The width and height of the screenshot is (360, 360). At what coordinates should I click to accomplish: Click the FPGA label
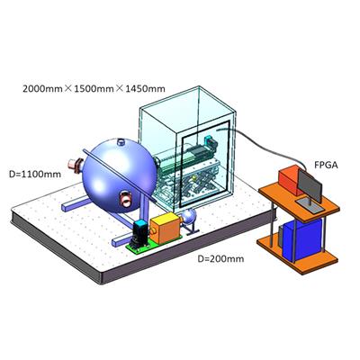point(326,165)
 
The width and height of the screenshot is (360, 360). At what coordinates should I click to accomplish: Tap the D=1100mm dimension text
point(35,174)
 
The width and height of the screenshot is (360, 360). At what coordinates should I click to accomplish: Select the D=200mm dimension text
point(220,258)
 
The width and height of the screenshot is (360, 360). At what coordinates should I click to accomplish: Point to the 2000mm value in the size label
point(42,89)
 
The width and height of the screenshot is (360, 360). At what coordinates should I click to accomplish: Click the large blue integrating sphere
point(120,176)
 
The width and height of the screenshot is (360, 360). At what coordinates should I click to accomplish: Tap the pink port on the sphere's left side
point(75,166)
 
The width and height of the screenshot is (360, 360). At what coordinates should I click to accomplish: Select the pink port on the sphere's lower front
point(126,199)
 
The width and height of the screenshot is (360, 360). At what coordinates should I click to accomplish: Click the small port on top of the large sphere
point(121,141)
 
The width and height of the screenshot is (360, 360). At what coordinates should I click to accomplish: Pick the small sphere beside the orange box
point(188,217)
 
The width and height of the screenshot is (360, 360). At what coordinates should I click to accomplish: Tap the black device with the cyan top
point(140,235)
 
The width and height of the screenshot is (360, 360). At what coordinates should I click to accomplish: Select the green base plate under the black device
point(142,247)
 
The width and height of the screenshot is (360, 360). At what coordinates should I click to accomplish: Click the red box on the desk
point(290,180)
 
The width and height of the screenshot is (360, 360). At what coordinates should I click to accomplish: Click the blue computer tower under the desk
point(301,239)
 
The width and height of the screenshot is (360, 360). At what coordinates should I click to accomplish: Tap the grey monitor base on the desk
point(310,205)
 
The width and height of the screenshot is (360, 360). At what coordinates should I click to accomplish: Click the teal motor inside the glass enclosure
point(211,143)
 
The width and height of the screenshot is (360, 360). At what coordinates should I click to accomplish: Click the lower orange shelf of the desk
point(297,254)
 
